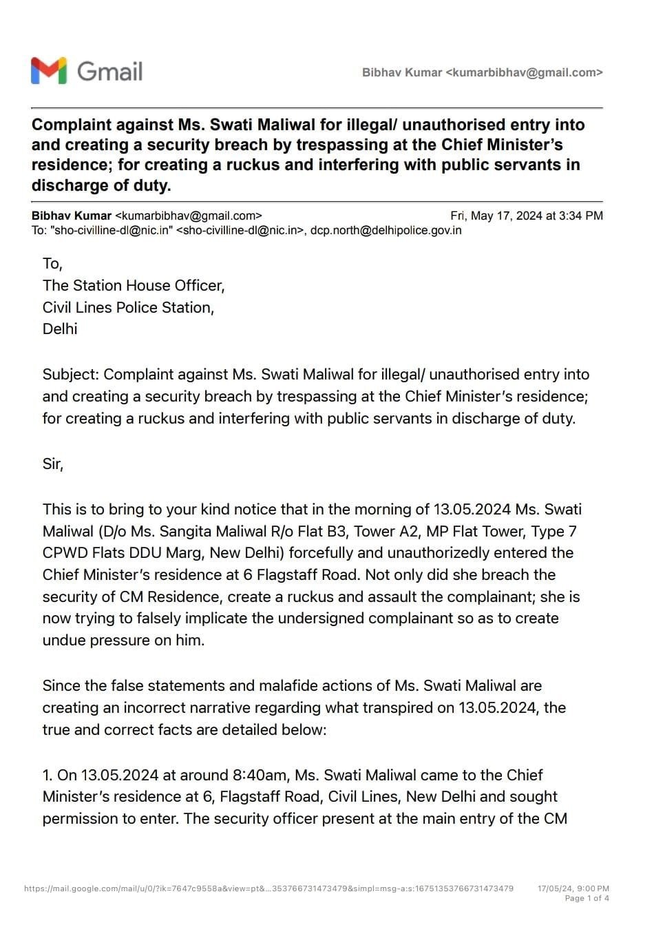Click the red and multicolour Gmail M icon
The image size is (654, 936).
point(49,71)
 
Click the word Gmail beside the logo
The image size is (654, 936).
point(109,72)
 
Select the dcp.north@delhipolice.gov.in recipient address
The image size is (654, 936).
point(386,230)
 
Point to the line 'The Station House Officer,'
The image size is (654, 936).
point(134,285)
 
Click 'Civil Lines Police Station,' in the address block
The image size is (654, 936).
point(128,307)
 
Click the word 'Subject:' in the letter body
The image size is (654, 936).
point(71,374)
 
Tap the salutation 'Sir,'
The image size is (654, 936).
point(53,464)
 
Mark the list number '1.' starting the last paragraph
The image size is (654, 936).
point(48,775)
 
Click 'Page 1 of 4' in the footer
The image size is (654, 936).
point(587,898)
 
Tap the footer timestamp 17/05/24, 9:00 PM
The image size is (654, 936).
point(573,888)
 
